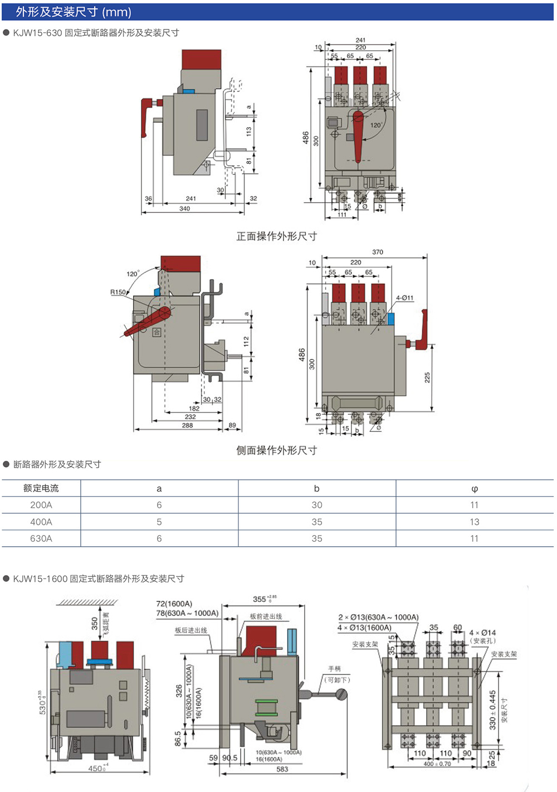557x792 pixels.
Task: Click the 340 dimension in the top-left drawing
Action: (x=184, y=208)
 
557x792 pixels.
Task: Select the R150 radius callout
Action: (x=118, y=292)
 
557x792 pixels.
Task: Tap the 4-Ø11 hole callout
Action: (x=405, y=298)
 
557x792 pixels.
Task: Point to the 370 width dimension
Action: (x=378, y=252)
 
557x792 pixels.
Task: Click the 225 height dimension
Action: (x=427, y=377)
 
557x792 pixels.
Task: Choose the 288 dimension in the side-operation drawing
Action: (x=187, y=425)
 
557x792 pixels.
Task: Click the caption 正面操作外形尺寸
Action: (x=277, y=236)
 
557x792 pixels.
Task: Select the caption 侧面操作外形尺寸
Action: (x=277, y=450)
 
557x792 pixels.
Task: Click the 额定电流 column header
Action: (x=41, y=488)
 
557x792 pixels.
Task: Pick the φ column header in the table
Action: (x=475, y=489)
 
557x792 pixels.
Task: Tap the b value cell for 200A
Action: (x=317, y=505)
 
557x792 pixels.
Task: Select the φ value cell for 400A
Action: (x=475, y=522)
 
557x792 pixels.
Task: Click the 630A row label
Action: (x=41, y=538)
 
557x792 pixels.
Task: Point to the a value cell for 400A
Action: (x=159, y=522)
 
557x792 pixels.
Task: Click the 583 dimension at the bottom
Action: (x=282, y=769)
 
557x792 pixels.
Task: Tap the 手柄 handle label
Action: (x=335, y=669)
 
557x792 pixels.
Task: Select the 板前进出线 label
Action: (x=266, y=616)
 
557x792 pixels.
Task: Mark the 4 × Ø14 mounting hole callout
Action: (x=482, y=633)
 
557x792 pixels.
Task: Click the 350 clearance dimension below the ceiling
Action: (x=95, y=623)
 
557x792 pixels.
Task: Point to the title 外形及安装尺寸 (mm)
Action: (x=74, y=12)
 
